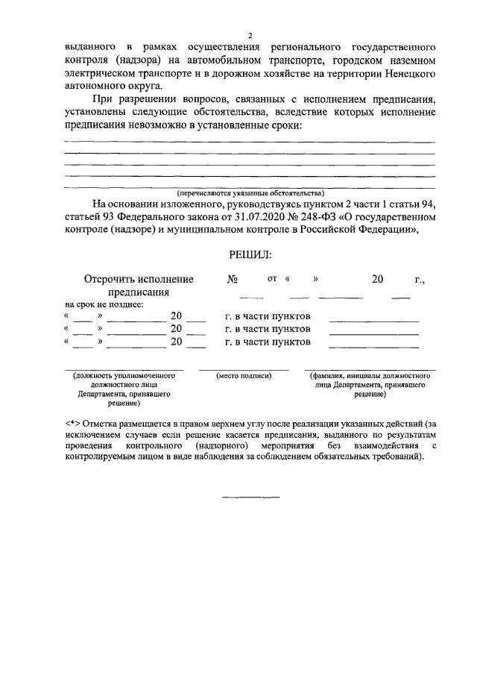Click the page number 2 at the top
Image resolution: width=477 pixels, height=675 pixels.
pyautogui.click(x=250, y=35)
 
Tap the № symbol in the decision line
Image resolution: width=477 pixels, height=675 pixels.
pyautogui.click(x=233, y=279)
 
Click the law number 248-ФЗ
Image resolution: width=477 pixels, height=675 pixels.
pyautogui.click(x=326, y=217)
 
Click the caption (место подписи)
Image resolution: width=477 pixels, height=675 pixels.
pyautogui.click(x=243, y=377)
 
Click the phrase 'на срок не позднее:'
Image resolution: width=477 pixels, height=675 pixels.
pyautogui.click(x=104, y=304)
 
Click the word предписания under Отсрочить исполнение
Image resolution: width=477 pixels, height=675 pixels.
pyautogui.click(x=139, y=292)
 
